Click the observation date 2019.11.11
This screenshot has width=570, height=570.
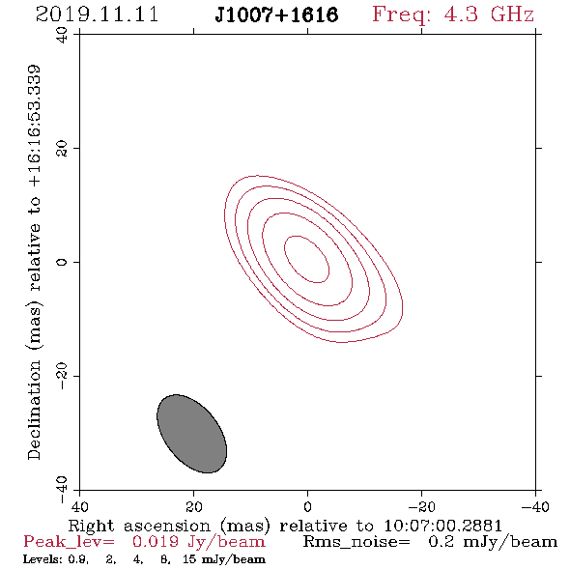(97, 14)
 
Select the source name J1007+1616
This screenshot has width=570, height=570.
(276, 14)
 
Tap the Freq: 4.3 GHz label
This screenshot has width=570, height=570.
(453, 14)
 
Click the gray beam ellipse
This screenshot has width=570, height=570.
(191, 434)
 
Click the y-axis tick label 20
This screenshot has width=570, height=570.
(62, 149)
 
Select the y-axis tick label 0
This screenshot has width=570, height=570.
(62, 262)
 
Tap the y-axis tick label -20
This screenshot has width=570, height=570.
(62, 376)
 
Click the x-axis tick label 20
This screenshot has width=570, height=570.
(193, 507)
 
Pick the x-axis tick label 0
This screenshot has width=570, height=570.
(307, 507)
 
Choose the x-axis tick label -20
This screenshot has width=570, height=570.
(421, 507)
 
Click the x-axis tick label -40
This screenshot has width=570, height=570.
(535, 507)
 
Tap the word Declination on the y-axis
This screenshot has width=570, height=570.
(34, 410)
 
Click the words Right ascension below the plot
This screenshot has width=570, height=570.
(139, 526)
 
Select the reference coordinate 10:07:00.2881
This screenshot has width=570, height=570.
(442, 526)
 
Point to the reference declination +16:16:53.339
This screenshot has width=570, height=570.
(34, 127)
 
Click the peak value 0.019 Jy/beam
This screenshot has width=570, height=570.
(198, 542)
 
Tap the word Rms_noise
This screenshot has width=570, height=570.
(356, 542)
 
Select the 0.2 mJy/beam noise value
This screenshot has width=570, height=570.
(493, 542)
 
